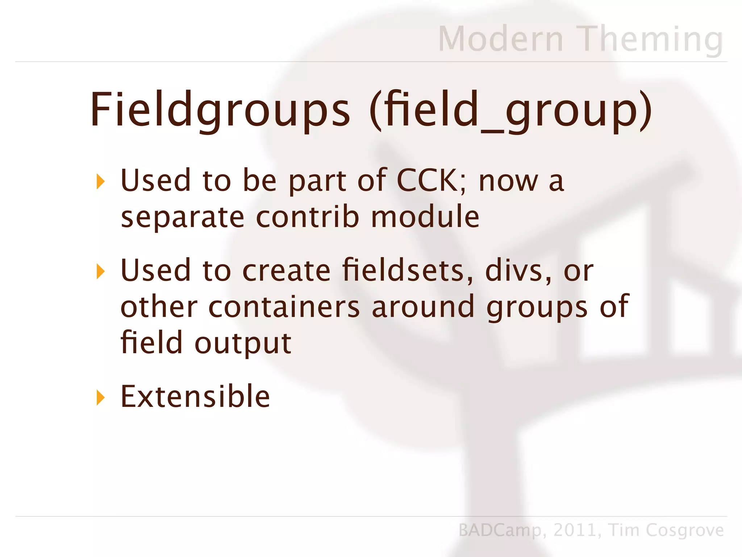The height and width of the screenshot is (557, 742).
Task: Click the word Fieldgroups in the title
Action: (x=220, y=110)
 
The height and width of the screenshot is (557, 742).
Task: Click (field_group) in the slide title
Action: (x=511, y=110)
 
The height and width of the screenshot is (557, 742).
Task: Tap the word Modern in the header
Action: (x=501, y=39)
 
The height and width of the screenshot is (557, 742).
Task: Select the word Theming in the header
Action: (x=651, y=39)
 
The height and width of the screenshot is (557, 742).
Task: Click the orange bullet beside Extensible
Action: (x=100, y=398)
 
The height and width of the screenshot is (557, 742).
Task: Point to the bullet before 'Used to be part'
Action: (x=100, y=181)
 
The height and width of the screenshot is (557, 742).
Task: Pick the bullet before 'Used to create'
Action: (x=100, y=271)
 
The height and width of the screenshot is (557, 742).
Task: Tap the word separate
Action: (x=182, y=218)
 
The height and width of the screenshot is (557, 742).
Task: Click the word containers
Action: (x=284, y=307)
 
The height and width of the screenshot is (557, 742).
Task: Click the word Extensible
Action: (x=195, y=397)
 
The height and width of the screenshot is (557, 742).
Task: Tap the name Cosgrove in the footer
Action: (x=684, y=531)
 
